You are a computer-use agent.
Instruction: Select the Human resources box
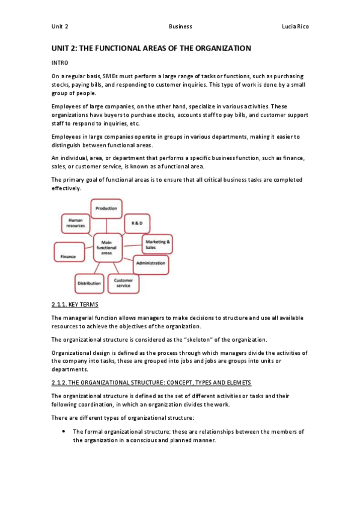(x=76, y=224)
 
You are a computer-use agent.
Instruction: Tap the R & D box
(x=137, y=223)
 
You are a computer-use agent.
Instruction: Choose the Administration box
(x=150, y=263)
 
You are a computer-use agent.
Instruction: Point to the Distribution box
(x=89, y=283)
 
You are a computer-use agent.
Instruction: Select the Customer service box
(x=123, y=282)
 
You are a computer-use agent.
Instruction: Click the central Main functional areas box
(x=107, y=248)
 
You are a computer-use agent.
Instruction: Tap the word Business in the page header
(x=180, y=27)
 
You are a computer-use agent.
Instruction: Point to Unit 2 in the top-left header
(x=59, y=27)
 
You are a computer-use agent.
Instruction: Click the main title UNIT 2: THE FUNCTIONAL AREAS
(x=150, y=48)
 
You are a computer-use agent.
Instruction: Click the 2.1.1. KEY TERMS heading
(x=70, y=305)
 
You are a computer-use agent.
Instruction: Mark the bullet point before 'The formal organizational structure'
(x=64, y=432)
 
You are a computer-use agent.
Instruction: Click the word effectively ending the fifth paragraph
(x=66, y=188)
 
